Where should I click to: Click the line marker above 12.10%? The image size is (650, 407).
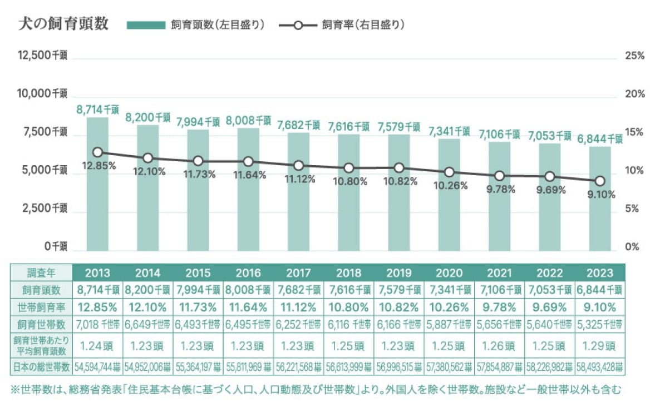click(148, 158)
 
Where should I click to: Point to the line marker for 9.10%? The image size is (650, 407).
click(600, 181)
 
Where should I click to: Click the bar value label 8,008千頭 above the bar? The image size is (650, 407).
click(248, 121)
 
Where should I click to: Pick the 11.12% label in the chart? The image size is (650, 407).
click(299, 179)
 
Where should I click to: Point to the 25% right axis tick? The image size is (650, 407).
click(634, 56)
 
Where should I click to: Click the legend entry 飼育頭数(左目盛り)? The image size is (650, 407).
click(195, 24)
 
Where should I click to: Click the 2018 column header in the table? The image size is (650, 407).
click(349, 273)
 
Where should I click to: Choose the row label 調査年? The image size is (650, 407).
click(42, 273)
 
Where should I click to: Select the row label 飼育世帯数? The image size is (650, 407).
click(42, 324)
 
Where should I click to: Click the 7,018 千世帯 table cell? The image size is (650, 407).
click(97, 324)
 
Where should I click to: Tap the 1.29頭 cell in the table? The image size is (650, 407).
click(600, 345)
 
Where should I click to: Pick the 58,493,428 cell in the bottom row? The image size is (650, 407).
click(600, 367)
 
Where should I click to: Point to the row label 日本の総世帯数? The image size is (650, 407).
click(42, 367)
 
